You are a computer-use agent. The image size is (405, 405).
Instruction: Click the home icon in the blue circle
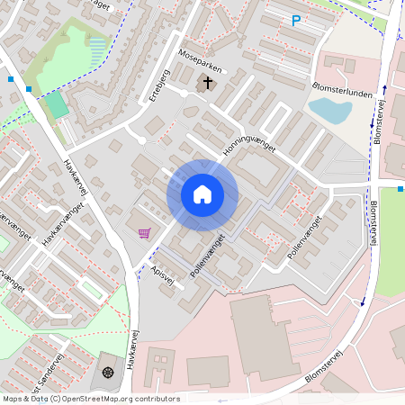(x=202, y=194)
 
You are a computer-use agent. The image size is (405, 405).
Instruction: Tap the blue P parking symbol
(x=296, y=21)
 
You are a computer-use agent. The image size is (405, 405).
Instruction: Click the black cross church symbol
(x=209, y=83)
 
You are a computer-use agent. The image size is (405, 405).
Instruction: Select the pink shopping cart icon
(x=144, y=233)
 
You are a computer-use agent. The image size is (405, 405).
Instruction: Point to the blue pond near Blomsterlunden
(x=329, y=111)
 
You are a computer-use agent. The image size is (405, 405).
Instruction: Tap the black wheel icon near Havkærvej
(x=109, y=373)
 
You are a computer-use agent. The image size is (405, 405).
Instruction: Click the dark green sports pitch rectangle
(x=57, y=105)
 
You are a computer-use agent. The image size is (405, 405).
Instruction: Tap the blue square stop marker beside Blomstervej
(x=400, y=189)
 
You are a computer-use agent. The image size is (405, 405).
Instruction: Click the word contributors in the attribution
(x=157, y=399)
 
